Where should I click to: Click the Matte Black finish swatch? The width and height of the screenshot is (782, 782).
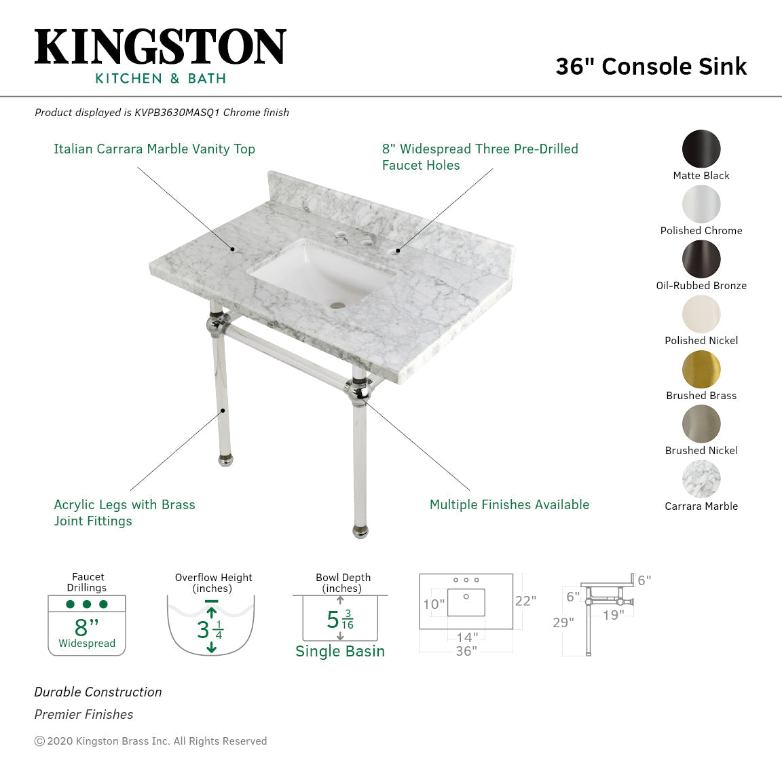701,149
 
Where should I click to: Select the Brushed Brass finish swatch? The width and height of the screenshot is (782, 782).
701,369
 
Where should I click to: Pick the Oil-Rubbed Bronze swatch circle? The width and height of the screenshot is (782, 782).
701,259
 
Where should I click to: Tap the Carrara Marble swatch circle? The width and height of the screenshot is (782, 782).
701,479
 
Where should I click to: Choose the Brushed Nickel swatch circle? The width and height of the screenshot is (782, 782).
701,424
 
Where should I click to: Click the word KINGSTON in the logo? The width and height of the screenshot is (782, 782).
160,48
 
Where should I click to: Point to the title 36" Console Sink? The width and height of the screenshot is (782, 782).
651,67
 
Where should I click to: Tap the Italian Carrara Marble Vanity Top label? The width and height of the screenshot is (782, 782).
154,149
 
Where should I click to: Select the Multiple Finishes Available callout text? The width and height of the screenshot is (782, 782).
509,505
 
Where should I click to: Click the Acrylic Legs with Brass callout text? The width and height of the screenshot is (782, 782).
124,505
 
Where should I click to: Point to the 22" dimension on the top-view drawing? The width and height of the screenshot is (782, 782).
525,601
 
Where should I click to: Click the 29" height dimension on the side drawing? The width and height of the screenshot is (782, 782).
563,622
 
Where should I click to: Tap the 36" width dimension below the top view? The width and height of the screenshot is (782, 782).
466,651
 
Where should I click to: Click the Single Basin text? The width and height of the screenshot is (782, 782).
340,652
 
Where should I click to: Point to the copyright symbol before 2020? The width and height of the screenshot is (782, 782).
39,741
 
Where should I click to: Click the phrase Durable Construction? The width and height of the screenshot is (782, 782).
98,692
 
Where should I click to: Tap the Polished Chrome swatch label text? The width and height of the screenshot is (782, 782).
701,231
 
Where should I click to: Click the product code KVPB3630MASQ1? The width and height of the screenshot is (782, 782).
176,113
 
